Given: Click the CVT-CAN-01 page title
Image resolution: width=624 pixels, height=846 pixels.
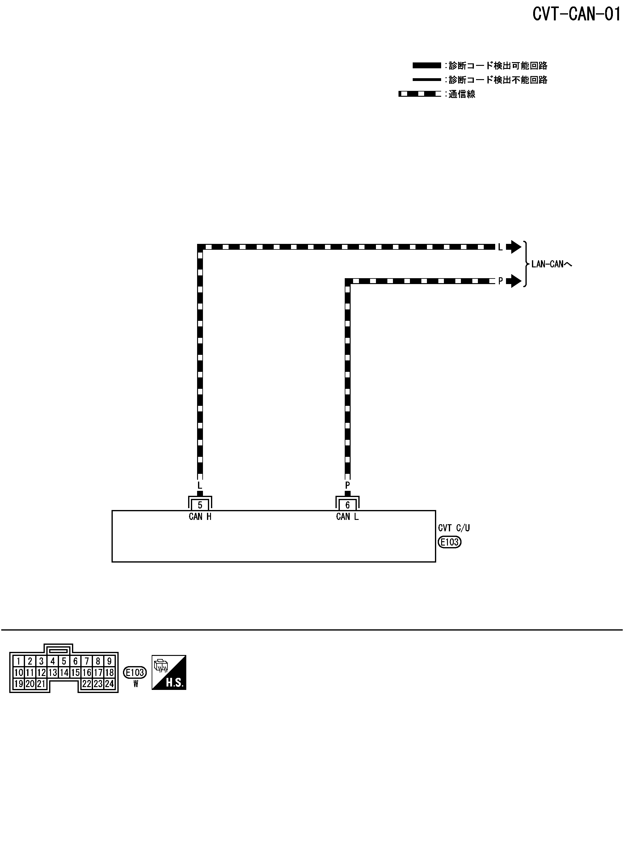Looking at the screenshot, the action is (576, 14).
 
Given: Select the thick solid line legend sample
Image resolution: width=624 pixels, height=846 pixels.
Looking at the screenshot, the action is (427, 65).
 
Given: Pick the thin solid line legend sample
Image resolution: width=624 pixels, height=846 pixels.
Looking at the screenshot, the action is (427, 80).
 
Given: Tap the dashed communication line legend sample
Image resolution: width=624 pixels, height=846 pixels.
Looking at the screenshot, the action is (420, 94).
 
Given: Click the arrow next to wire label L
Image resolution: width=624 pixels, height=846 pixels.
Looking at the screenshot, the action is (514, 247).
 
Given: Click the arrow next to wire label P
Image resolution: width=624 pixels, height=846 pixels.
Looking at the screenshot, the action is (514, 281).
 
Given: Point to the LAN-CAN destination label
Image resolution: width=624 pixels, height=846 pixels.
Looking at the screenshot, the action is (551, 264).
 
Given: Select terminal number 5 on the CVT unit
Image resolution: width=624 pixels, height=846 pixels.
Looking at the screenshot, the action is (200, 505).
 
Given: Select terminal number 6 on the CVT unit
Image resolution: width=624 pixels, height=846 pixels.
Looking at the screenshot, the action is (348, 505).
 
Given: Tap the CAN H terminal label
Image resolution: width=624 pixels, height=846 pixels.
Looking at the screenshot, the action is (200, 517).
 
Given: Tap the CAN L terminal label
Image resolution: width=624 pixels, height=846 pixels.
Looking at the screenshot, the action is (348, 517).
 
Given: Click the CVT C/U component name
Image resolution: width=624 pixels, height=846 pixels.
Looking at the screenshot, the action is (454, 528).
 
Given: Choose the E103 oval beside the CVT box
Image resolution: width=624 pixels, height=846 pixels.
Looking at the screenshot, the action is (449, 542).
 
